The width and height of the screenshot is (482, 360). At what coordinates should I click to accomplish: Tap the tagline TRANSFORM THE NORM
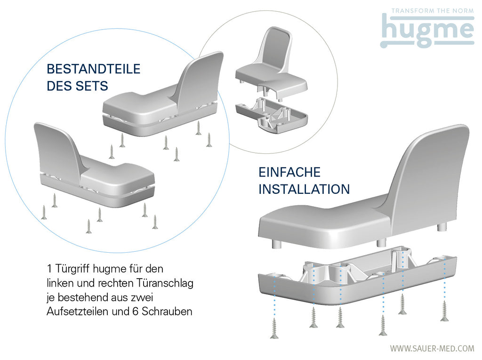click(433, 11)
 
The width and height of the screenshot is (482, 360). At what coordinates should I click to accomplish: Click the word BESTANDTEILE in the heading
click(94, 69)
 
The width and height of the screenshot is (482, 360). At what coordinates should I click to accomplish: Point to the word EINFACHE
click(289, 172)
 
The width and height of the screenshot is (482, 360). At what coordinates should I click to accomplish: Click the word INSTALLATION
click(304, 189)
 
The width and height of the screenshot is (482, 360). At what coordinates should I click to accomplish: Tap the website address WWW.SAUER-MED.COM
click(432, 348)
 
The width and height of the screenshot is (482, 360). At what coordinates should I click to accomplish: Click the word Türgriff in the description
click(72, 269)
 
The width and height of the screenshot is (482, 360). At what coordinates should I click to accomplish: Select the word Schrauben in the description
click(167, 312)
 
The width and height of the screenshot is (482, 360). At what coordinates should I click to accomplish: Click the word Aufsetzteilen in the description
click(78, 312)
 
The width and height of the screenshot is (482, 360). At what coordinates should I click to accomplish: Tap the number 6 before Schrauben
click(136, 312)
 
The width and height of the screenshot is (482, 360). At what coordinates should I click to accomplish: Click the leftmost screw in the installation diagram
click(274, 328)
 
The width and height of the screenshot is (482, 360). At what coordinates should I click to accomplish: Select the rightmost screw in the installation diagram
click(444, 311)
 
